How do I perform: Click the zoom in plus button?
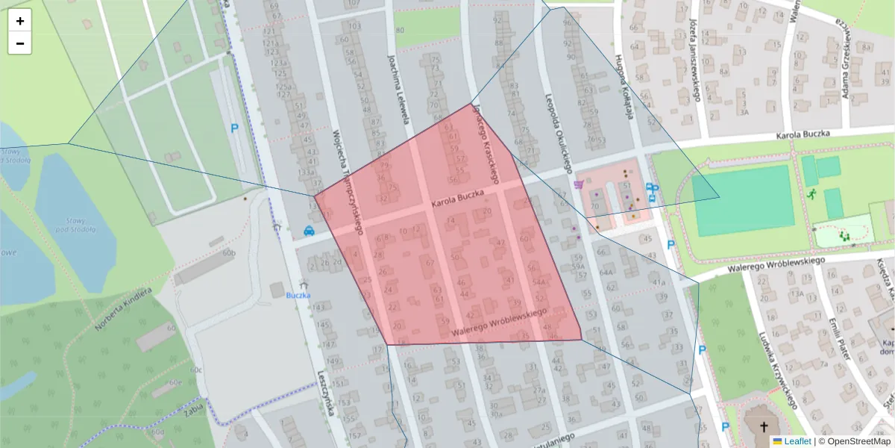point(20,21)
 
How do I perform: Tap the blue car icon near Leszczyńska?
point(309,230)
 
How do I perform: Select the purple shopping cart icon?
point(579,184)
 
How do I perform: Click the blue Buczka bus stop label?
point(298,295)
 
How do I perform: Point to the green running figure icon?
point(811,193)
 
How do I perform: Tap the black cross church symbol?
point(763,428)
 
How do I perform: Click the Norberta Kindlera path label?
point(124,308)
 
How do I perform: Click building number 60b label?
point(229,254)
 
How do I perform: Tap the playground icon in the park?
point(845,235)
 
